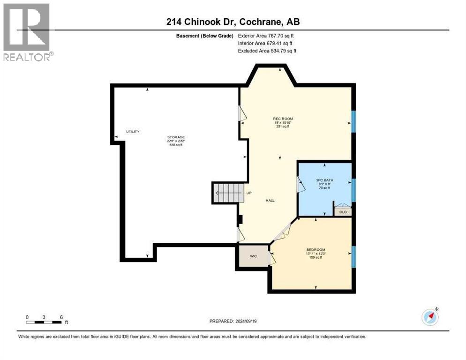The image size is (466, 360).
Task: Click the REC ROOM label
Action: click(283, 119)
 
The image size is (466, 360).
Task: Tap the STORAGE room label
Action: click(176, 137)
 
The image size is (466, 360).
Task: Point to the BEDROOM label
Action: click(316, 249)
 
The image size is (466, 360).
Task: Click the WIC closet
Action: click(253, 256)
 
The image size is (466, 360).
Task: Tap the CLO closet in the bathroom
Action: click(343, 212)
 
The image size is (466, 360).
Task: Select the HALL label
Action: click(270, 200)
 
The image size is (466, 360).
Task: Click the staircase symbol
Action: click(228, 193)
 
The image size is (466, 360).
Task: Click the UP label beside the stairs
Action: click(249, 193)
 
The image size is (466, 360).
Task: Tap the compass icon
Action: click(430, 317)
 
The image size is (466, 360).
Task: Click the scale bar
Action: click(44, 322)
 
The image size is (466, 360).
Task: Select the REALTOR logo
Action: click(27, 31)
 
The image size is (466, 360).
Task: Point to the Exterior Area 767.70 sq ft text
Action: click(266, 36)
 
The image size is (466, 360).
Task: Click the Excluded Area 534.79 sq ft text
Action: click(267, 51)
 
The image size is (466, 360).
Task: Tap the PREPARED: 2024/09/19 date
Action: click(233, 321)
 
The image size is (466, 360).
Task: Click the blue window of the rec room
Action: click(354, 121)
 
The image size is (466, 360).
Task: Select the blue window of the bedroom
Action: click(354, 254)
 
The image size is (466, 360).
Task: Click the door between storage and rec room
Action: click(242, 113)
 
